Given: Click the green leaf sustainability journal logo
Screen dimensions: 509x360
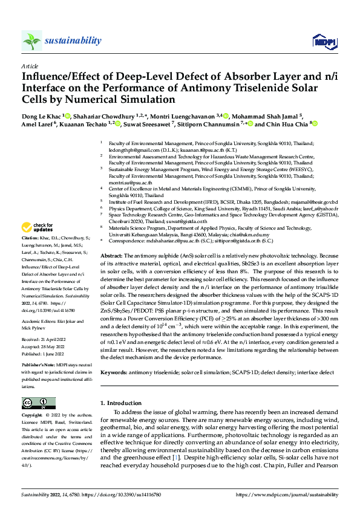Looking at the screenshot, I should pos(31,41).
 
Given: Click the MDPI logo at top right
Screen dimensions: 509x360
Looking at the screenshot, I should pos(322,41).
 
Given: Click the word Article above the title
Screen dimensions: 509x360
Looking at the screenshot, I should pos(30,66).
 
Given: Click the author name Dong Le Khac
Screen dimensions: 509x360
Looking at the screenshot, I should pos(41,115).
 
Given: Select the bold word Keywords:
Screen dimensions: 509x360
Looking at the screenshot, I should pos(114,372).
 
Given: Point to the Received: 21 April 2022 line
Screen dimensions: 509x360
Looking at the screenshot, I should pos(46,341).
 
